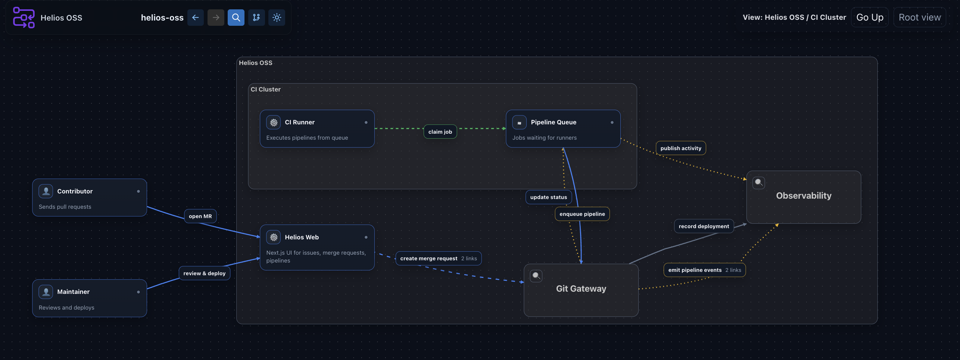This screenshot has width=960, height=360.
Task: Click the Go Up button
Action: [x=869, y=18]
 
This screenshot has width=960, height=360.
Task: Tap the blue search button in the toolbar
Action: [x=236, y=18]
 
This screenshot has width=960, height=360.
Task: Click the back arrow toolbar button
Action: [x=195, y=18]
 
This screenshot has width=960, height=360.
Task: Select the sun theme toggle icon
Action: [x=277, y=18]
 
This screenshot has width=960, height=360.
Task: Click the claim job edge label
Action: [x=440, y=132]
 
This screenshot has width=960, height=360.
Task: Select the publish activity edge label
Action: [x=680, y=148]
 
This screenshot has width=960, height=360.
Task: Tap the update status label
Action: [x=548, y=197]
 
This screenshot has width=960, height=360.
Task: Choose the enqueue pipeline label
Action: [x=582, y=214]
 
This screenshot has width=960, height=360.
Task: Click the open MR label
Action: [x=200, y=216]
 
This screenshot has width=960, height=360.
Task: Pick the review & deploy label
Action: [x=204, y=273]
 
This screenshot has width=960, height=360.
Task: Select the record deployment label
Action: [x=704, y=226]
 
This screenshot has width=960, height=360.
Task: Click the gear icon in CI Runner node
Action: [x=274, y=122]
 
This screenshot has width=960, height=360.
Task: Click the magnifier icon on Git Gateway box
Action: [x=536, y=276]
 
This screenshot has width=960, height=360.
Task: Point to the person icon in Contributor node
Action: [x=46, y=191]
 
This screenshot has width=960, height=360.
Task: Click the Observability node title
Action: [x=804, y=196]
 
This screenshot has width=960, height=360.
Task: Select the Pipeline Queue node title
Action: [x=553, y=122]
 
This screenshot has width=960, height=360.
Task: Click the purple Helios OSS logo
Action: [x=24, y=18]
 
